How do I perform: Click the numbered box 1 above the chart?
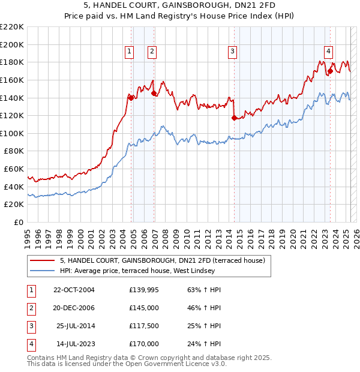[130, 52]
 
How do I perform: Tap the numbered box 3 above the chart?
[232, 52]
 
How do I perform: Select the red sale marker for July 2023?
[330, 71]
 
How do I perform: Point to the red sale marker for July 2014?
[234, 118]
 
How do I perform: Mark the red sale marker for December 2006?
[154, 93]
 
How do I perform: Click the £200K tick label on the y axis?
[12, 44]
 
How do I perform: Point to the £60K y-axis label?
[14, 169]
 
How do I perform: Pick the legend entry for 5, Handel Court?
[166, 260]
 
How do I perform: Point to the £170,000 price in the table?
[143, 344]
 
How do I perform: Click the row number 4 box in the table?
[31, 344]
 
